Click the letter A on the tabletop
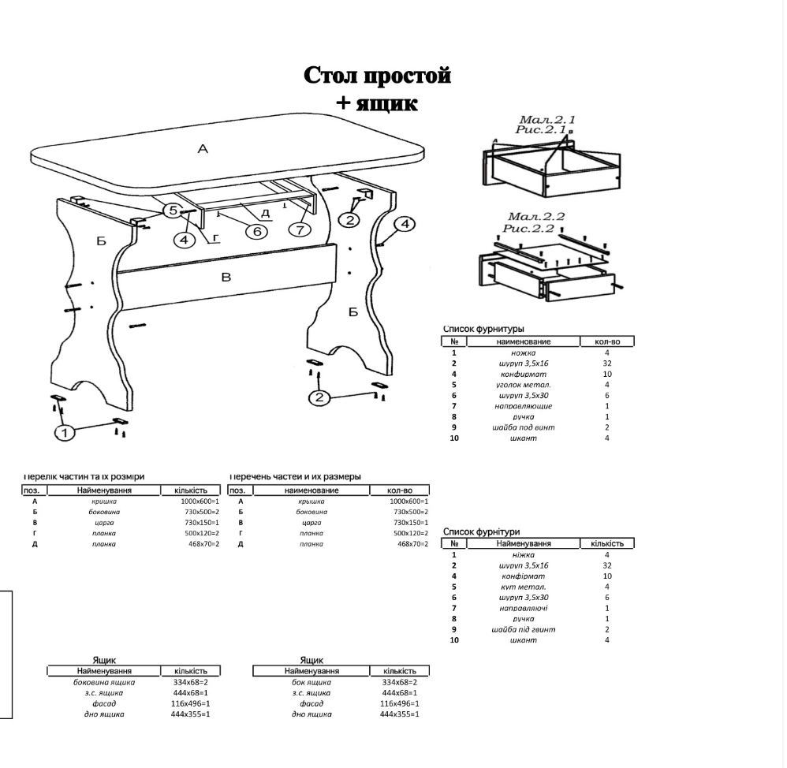pyautogui.click(x=203, y=149)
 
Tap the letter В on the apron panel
pyautogui.click(x=226, y=277)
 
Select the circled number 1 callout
pyautogui.click(x=64, y=432)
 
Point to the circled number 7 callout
pyautogui.click(x=299, y=229)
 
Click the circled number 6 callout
pyautogui.click(x=256, y=231)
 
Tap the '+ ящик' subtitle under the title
pyautogui.click(x=377, y=103)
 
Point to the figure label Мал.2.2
pyautogui.click(x=536, y=216)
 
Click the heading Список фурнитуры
pyautogui.click(x=483, y=329)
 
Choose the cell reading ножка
pyautogui.click(x=523, y=353)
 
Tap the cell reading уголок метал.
pyautogui.click(x=523, y=385)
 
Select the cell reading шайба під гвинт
pyautogui.click(x=523, y=629)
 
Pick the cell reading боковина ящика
pyautogui.click(x=103, y=682)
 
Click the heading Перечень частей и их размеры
pyautogui.click(x=295, y=476)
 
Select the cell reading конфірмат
pyautogui.click(x=523, y=576)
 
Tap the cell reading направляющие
pyautogui.click(x=523, y=406)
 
